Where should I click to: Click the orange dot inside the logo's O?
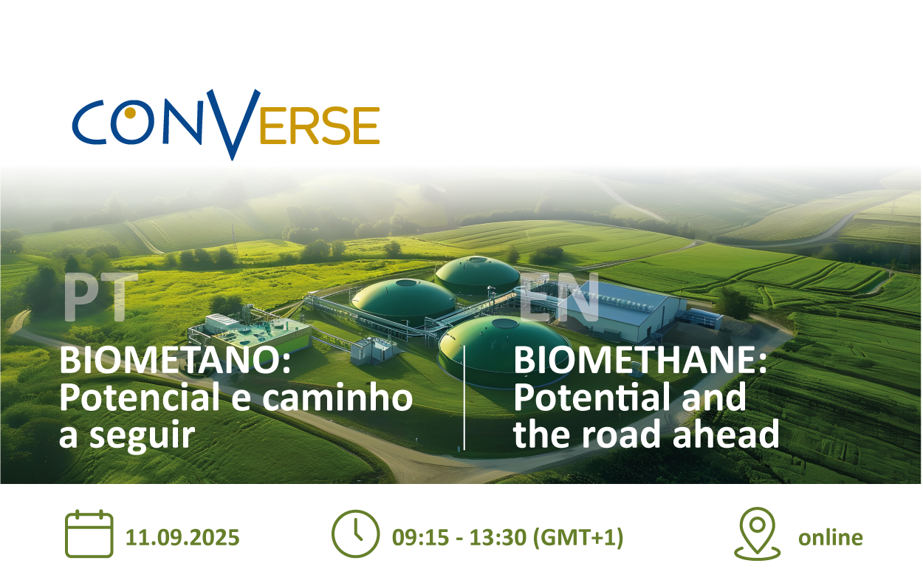click(130, 112)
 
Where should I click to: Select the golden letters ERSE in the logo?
click(320, 125)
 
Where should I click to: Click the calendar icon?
click(89, 533)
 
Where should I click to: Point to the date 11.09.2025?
click(182, 537)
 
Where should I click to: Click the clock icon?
click(355, 534)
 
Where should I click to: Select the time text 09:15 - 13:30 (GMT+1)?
click(508, 538)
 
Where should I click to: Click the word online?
click(831, 537)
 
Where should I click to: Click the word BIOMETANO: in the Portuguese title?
click(176, 360)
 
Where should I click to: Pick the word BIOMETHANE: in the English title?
click(640, 360)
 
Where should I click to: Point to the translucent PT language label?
click(101, 297)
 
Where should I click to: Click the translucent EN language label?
click(560, 297)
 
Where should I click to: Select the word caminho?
click(337, 397)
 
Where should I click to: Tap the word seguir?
click(142, 436)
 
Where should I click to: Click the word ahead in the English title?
click(726, 434)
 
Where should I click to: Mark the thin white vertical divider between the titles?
click(464, 398)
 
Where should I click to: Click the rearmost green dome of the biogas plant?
click(477, 274)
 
